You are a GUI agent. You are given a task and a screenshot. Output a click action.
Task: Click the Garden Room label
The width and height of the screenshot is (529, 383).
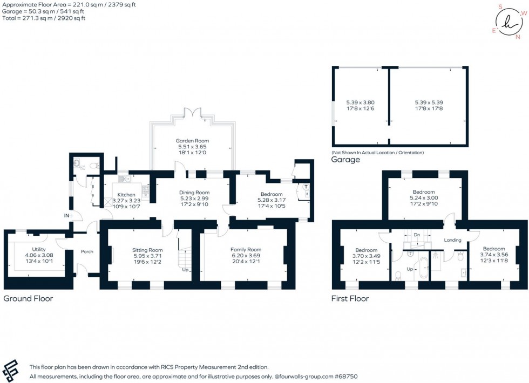click(192, 140)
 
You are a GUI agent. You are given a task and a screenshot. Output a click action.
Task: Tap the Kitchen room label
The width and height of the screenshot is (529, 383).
click(126, 195)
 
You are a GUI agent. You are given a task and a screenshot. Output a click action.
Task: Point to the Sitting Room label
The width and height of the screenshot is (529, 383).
click(147, 250)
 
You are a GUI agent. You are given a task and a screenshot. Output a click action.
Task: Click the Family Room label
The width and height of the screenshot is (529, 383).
click(246, 250)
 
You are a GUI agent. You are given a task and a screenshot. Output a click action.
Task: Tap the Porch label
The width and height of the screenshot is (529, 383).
click(87, 251)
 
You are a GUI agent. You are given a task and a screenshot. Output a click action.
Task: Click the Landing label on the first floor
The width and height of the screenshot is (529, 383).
click(452, 240)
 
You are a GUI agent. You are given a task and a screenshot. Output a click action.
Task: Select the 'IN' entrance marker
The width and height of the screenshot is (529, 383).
click(67, 216)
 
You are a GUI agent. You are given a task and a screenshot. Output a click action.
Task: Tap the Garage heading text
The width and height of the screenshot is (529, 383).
click(345, 160)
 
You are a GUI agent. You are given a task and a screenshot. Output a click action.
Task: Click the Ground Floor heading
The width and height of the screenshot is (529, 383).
click(28, 298)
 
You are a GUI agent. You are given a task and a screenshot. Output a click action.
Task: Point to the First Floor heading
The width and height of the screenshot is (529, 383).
click(350, 298)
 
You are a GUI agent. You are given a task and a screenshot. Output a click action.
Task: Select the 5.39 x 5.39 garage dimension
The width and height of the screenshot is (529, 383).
click(429, 102)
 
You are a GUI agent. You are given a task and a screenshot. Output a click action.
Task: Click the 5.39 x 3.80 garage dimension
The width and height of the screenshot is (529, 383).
click(360, 102)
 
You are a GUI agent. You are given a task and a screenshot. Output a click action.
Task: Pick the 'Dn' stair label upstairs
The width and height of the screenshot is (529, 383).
click(416, 235)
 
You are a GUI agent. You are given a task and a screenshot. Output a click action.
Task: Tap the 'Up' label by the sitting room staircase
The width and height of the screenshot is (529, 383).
click(185, 270)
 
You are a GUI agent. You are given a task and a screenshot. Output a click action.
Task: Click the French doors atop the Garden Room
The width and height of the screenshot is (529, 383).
click(192, 113)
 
